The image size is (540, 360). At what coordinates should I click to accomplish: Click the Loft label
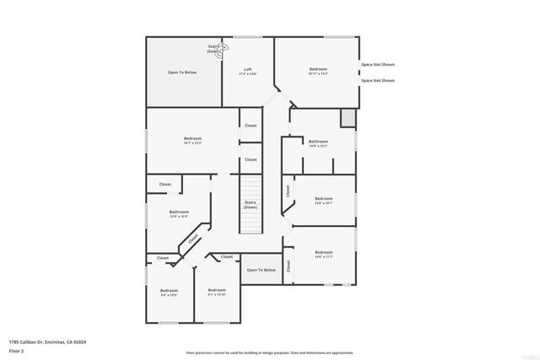(x=248, y=71)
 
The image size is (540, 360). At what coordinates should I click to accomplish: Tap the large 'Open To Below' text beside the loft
(x=182, y=73)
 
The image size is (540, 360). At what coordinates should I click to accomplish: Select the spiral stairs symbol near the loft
(x=225, y=48)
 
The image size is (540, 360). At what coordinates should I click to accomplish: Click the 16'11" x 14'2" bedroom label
(x=317, y=71)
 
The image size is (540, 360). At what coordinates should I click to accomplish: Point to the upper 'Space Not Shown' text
(x=377, y=65)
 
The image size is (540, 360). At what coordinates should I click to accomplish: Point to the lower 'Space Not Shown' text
(x=377, y=81)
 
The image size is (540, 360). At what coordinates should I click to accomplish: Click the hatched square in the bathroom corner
(x=347, y=117)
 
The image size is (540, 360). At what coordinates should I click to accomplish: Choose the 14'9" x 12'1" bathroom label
(x=318, y=143)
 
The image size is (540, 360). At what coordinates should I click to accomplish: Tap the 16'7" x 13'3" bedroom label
(x=192, y=141)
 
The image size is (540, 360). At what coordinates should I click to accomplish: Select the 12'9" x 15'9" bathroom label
(x=179, y=214)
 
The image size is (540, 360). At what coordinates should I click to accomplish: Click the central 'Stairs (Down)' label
(x=251, y=204)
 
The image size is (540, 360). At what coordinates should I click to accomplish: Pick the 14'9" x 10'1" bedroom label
(x=324, y=201)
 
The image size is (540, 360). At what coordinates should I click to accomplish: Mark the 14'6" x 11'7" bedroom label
(x=324, y=254)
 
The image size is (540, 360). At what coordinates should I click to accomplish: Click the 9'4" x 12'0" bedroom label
(x=169, y=293)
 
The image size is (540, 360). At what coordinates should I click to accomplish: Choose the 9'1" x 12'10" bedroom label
(x=217, y=292)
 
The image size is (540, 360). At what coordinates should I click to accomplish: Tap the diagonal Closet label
(x=193, y=239)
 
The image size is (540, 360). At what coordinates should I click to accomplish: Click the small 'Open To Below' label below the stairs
(x=262, y=271)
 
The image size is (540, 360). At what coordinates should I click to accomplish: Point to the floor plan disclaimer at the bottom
(x=269, y=352)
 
